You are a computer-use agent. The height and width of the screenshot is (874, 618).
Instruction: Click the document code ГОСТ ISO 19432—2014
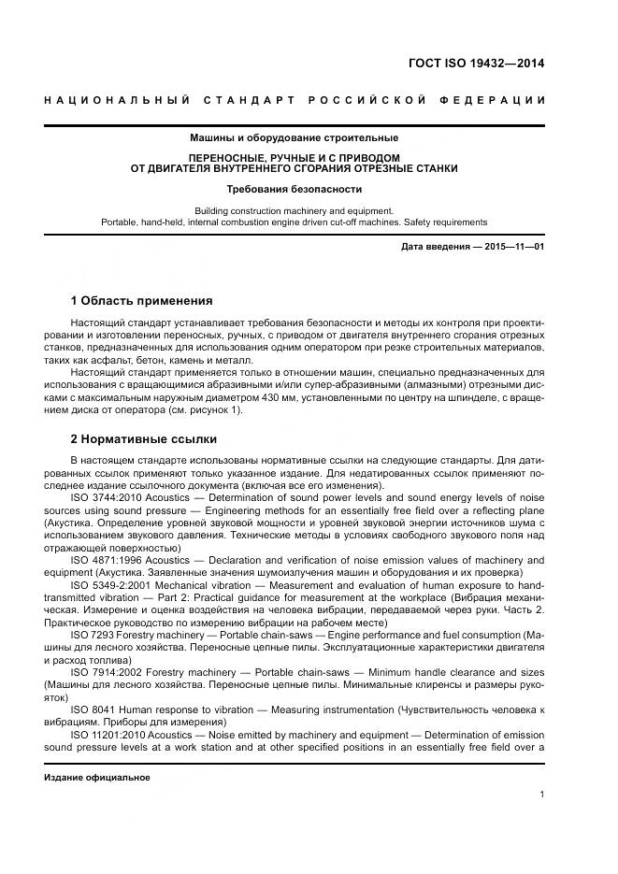(476, 64)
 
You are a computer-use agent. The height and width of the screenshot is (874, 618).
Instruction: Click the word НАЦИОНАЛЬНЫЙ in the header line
(118, 100)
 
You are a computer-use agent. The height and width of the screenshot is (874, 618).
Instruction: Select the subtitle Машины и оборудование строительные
(294, 138)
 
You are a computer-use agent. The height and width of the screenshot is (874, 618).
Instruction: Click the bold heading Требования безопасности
(294, 189)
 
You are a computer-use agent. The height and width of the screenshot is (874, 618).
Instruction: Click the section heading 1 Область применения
(141, 301)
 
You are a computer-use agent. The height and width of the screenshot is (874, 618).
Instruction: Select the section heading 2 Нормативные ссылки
(143, 438)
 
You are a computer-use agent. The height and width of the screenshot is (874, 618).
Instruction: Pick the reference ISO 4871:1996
(104, 559)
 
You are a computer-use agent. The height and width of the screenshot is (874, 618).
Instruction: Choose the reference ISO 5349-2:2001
(108, 584)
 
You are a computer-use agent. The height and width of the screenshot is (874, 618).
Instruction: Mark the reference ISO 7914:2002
(104, 671)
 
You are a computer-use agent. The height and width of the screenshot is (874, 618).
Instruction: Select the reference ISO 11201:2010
(107, 734)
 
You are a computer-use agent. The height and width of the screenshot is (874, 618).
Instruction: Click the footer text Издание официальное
(97, 777)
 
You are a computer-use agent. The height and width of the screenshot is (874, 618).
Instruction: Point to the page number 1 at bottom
(541, 795)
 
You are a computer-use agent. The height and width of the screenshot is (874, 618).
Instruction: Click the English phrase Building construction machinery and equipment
(294, 210)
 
